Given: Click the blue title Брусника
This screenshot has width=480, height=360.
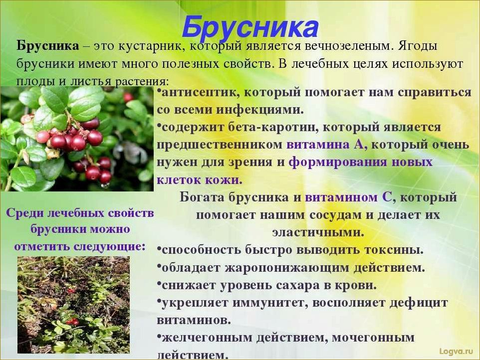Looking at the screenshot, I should (x=249, y=28).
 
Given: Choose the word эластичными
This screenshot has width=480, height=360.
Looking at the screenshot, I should (x=318, y=232).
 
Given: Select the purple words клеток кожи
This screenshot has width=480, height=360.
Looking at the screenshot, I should (x=200, y=180).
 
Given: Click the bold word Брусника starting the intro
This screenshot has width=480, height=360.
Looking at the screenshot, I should (x=47, y=46).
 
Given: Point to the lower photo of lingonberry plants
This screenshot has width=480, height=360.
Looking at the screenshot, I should (x=73, y=304).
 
